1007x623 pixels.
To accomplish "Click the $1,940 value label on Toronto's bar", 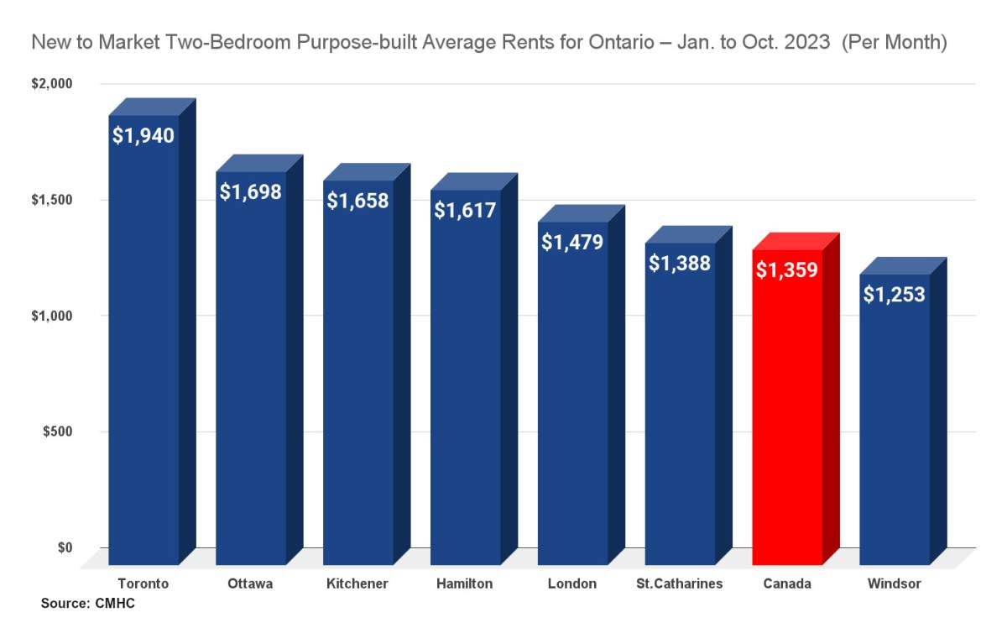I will pyautogui.click(x=143, y=134).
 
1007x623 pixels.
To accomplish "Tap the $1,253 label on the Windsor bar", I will pyautogui.click(x=895, y=294).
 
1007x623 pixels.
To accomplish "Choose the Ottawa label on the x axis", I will pyautogui.click(x=250, y=583).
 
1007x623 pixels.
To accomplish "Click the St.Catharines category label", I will pyautogui.click(x=680, y=583).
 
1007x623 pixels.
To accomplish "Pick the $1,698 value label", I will pyautogui.click(x=250, y=191).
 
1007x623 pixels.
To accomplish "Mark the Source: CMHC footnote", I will pyautogui.click(x=87, y=603).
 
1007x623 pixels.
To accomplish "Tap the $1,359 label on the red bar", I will pyautogui.click(x=787, y=270).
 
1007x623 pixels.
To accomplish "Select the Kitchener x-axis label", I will pyautogui.click(x=357, y=583).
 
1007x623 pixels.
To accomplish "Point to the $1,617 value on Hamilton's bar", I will pyautogui.click(x=465, y=210).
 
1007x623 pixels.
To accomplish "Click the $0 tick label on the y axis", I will pyautogui.click(x=65, y=547).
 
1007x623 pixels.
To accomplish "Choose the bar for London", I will pyautogui.click(x=572, y=420).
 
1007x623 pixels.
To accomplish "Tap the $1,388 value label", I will pyautogui.click(x=680, y=262).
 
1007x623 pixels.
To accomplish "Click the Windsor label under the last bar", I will pyautogui.click(x=895, y=583).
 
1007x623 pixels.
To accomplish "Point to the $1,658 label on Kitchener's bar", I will pyautogui.click(x=357, y=201).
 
